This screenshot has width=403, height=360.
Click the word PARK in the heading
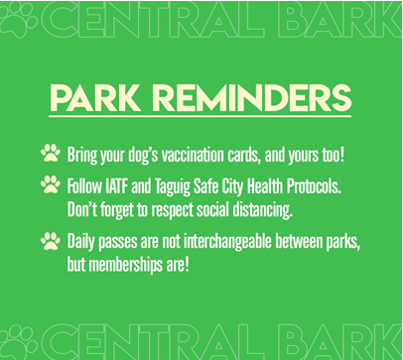pos(95,98)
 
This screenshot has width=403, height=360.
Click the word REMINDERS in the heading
pos(251,98)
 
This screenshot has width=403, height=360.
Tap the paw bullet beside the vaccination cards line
pos(51,153)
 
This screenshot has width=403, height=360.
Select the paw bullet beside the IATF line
pos(51,184)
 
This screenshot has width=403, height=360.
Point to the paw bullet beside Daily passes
pos(51,241)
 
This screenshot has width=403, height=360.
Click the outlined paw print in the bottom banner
pos(19,343)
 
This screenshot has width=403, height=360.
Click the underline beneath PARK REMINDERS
pos(200,116)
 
